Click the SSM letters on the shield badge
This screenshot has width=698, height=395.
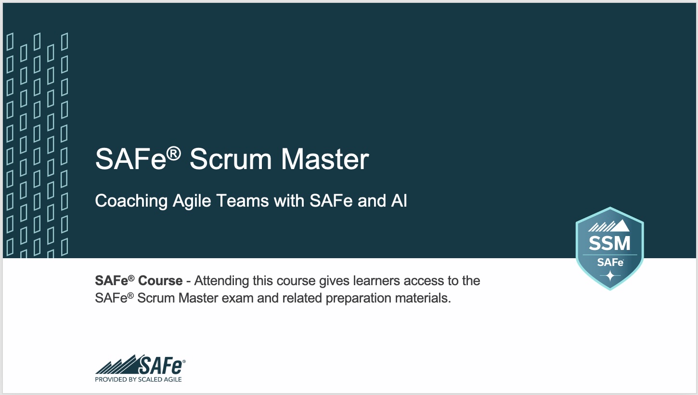click(609, 243)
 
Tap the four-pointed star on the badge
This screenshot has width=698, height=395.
click(610, 276)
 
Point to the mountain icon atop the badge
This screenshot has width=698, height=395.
click(609, 226)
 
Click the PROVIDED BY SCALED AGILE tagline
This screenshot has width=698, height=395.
click(139, 380)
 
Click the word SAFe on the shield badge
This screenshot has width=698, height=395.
click(610, 263)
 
